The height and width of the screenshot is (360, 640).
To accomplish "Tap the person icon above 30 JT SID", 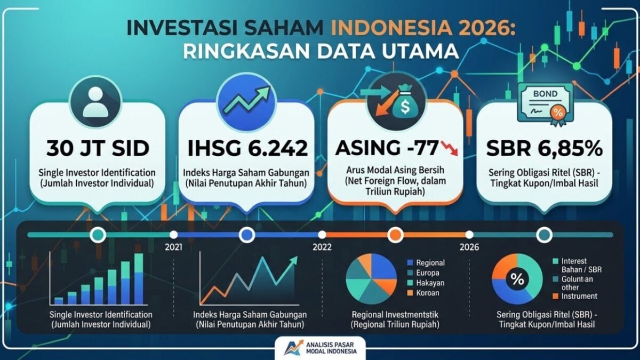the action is click(x=95, y=101).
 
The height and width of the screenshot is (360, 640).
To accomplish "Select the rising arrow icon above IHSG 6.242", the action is click(x=246, y=99).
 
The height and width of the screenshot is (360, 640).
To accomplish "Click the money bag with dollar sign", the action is click(x=405, y=103).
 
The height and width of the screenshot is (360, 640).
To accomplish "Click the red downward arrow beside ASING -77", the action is click(x=450, y=148).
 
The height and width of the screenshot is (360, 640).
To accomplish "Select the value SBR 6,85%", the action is click(x=545, y=149).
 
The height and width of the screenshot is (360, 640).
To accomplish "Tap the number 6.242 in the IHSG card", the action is click(x=278, y=149).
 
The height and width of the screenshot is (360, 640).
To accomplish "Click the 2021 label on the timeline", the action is click(x=173, y=247).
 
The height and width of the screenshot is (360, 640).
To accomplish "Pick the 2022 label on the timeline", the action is click(x=322, y=247).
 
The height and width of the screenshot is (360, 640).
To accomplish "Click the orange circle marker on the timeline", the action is click(x=395, y=235).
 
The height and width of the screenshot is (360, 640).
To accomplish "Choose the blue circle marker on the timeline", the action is click(x=247, y=235).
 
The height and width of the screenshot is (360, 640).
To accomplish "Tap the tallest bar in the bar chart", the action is click(x=139, y=279).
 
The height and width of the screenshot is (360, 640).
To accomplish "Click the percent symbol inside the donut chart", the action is click(x=517, y=279).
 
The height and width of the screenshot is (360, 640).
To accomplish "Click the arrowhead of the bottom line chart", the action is click(x=293, y=261).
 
